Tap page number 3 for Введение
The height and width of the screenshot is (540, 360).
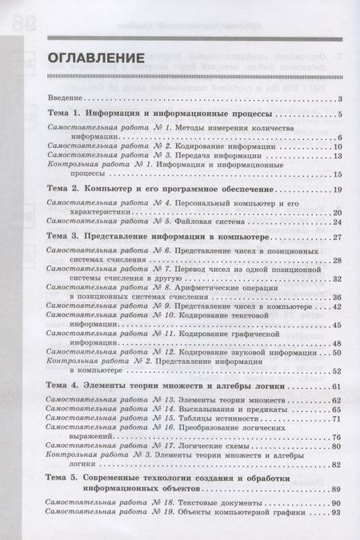[340, 98]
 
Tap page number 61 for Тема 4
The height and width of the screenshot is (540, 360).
[337, 387]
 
